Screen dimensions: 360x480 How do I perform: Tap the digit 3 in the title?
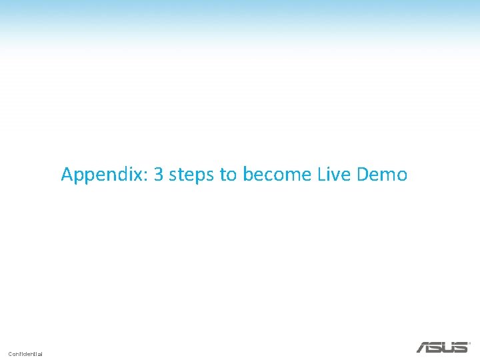coord(159,175)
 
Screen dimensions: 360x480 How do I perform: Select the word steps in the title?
coord(193,175)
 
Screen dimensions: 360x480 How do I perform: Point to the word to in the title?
coord(228,175)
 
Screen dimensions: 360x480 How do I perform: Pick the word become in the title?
coord(277,175)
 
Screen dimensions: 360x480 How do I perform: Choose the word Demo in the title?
coord(382,175)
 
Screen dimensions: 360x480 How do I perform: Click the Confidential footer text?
coord(25,353)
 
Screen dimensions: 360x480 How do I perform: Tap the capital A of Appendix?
coord(67,175)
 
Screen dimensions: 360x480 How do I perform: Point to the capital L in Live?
coord(321,175)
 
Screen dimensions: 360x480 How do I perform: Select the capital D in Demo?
coord(363,175)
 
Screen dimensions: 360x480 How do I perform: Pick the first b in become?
coord(248,175)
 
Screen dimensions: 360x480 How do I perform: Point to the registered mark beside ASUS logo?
coord(469,344)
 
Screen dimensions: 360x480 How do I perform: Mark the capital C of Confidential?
coord(11,353)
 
